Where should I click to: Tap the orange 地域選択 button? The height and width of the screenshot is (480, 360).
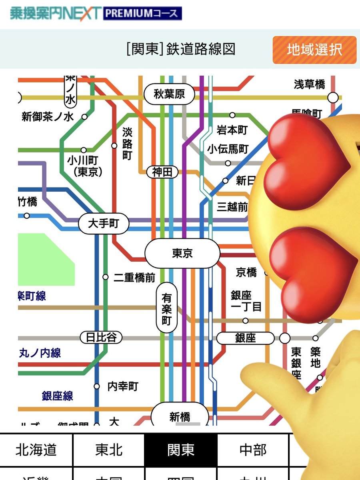[x=314, y=50]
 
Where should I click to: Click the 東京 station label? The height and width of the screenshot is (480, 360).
[x=182, y=254]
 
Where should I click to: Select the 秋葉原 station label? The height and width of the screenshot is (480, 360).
[x=169, y=94]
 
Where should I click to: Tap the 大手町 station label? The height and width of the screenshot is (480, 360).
[x=104, y=223]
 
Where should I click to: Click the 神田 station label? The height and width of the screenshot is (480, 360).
[x=162, y=172]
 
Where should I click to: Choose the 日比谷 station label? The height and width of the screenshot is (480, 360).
[x=101, y=337]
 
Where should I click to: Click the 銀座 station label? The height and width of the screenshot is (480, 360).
[x=245, y=338]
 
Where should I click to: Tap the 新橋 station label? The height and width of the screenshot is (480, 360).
[x=180, y=416]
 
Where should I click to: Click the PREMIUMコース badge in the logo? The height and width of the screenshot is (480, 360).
[x=142, y=14]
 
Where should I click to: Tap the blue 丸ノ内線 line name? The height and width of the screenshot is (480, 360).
[x=40, y=353]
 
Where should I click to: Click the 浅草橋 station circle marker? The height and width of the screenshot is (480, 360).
[x=333, y=97]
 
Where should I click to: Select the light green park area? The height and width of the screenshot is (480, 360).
[x=44, y=260]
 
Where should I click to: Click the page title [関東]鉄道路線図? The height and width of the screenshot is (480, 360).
[x=180, y=49]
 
